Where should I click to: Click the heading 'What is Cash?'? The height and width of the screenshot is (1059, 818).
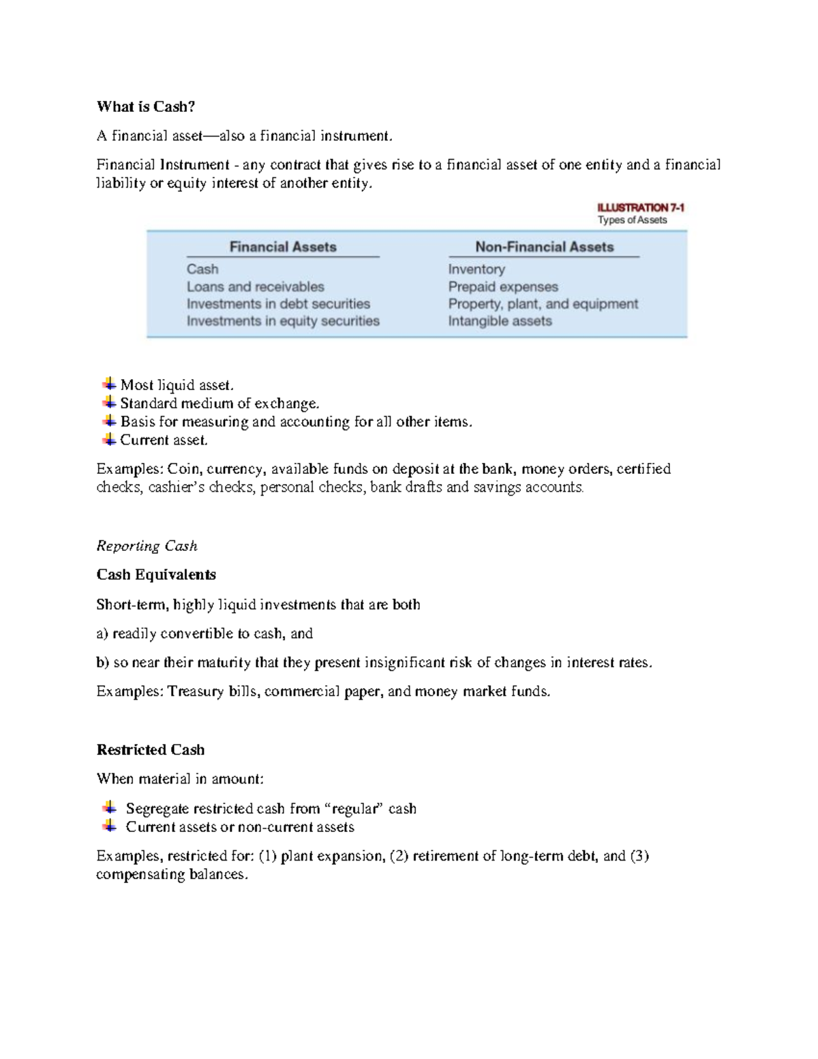(x=146, y=106)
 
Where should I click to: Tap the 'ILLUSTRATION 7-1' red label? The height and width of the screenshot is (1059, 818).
(x=640, y=207)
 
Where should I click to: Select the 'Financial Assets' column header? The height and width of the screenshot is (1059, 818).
(x=283, y=247)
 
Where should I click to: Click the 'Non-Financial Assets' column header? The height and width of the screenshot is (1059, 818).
(x=544, y=247)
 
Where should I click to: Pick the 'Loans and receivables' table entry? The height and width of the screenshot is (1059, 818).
(x=255, y=287)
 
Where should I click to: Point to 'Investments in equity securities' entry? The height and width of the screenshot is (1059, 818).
(x=283, y=321)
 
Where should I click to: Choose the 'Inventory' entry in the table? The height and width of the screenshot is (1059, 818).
(x=476, y=269)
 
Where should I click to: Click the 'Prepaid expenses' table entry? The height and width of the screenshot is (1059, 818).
(x=503, y=287)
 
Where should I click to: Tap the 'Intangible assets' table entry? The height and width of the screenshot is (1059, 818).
(x=500, y=321)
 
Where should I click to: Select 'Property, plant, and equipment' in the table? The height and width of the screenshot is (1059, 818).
(x=543, y=304)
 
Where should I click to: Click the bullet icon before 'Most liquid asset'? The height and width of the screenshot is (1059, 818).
(x=109, y=384)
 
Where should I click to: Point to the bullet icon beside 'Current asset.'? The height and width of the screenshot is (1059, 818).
(x=109, y=439)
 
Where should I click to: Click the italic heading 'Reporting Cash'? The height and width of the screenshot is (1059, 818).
(x=147, y=546)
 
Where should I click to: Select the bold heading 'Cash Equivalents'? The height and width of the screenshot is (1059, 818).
(x=156, y=575)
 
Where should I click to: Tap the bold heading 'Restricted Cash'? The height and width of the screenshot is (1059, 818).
(x=151, y=750)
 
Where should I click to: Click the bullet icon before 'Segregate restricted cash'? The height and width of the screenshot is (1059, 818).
(x=109, y=807)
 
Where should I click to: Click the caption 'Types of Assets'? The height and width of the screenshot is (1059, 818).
(x=632, y=220)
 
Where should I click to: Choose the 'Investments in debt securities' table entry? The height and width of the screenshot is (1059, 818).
(x=278, y=304)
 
